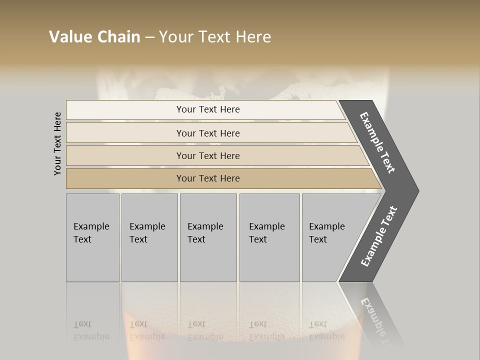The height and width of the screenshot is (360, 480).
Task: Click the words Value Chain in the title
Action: pos(94,37)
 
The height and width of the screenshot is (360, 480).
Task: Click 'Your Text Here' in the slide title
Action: pos(215,37)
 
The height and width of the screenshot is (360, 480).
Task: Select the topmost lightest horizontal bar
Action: pos(125,110)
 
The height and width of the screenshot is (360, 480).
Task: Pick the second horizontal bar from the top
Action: pos(125,133)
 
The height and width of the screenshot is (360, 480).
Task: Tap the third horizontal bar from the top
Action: pos(125,155)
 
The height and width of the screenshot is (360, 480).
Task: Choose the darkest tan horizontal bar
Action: pos(125,178)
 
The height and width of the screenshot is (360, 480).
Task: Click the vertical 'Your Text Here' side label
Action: pos(57,143)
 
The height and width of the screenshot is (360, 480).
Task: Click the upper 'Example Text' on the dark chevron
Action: pos(377,142)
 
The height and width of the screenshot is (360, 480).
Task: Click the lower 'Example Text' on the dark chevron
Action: pos(378,236)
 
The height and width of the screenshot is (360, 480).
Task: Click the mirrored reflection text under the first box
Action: pos(91,330)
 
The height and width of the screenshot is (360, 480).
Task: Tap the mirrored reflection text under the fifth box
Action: pos(326,330)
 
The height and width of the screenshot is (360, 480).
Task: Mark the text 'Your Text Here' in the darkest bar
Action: pos(208,178)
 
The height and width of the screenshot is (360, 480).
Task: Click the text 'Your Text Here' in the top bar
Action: pos(208,109)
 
